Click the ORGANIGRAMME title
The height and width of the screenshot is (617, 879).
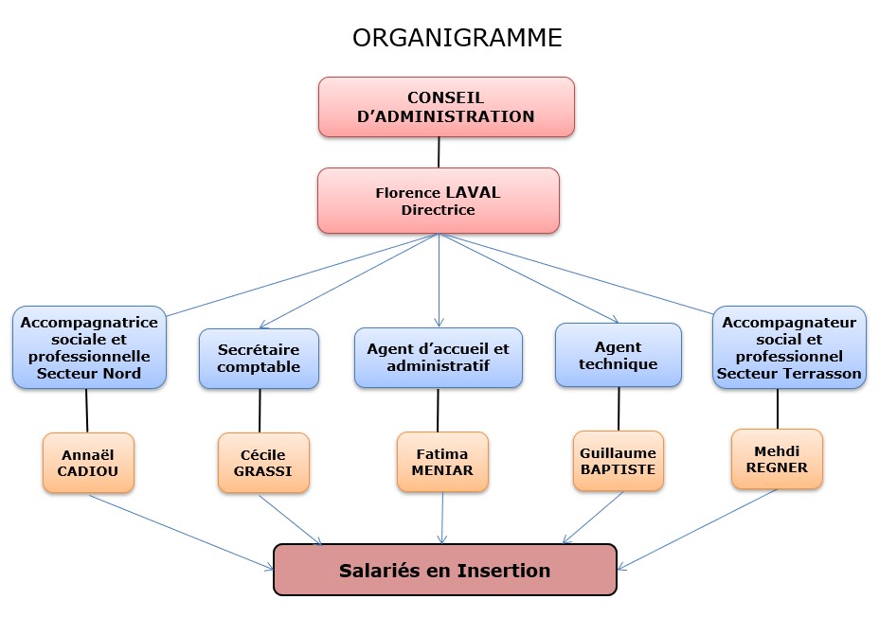(x=457, y=38)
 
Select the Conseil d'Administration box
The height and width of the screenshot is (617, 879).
(x=446, y=108)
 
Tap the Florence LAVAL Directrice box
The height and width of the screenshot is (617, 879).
(x=438, y=201)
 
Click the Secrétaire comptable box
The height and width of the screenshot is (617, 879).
(x=259, y=359)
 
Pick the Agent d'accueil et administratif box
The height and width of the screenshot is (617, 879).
(x=438, y=358)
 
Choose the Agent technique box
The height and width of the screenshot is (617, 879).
(x=618, y=355)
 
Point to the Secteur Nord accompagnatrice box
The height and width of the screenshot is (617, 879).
(x=90, y=347)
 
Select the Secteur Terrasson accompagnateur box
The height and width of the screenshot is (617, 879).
(x=789, y=347)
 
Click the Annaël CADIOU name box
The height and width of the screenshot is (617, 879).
(x=88, y=463)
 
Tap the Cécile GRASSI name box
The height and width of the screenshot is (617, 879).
(x=263, y=463)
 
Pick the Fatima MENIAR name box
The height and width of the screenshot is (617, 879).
(x=442, y=462)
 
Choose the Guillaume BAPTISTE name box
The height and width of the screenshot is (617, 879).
(x=618, y=461)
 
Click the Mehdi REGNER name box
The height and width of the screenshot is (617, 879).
(x=777, y=459)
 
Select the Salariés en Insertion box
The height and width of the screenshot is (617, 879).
(x=444, y=570)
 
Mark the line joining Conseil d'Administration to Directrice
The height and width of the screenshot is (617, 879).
(x=439, y=151)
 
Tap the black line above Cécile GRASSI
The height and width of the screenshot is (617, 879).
(x=260, y=411)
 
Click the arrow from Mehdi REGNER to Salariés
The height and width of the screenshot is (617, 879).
(x=696, y=530)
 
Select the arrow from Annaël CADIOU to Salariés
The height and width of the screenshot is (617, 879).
(x=180, y=532)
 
